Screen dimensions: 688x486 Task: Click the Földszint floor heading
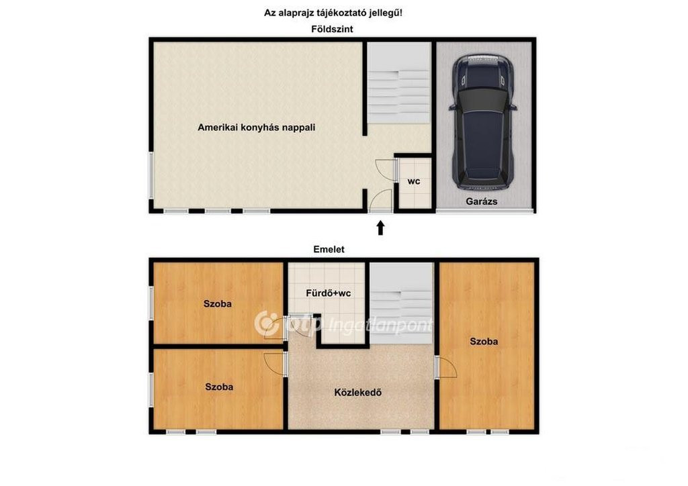[332, 29]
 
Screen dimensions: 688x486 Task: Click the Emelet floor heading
[329, 249]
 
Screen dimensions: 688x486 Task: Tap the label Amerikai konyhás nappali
[256, 128]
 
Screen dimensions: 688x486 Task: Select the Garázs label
[481, 201]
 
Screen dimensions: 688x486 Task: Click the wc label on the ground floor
[414, 181]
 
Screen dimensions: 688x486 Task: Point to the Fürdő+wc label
[328, 293]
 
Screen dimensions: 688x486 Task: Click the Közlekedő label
[357, 392]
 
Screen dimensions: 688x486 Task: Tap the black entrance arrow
[380, 228]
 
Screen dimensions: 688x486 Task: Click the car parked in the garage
[482, 121]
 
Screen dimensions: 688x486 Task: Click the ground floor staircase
[399, 83]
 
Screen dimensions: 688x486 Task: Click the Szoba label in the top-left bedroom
[217, 303]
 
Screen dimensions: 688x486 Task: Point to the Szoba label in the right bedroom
[484, 342]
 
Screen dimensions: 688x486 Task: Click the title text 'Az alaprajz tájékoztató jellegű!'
[333, 13]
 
